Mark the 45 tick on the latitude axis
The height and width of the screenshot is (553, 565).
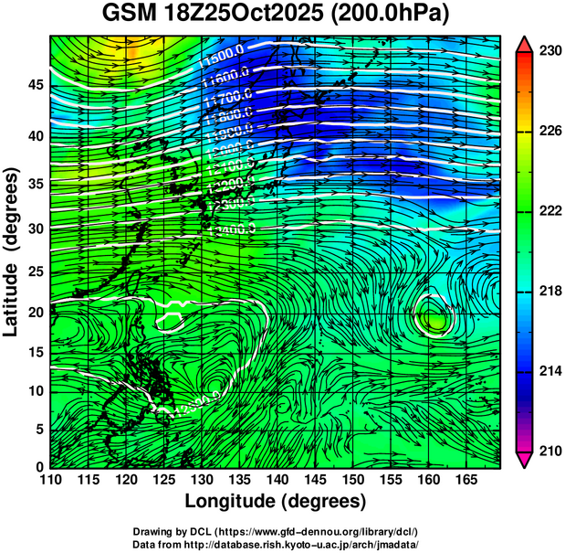coord(35,84)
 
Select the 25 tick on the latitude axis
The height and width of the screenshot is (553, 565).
coord(35,272)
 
